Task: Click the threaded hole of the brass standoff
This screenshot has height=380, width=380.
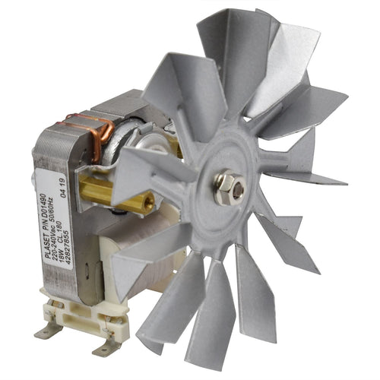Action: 149,201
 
